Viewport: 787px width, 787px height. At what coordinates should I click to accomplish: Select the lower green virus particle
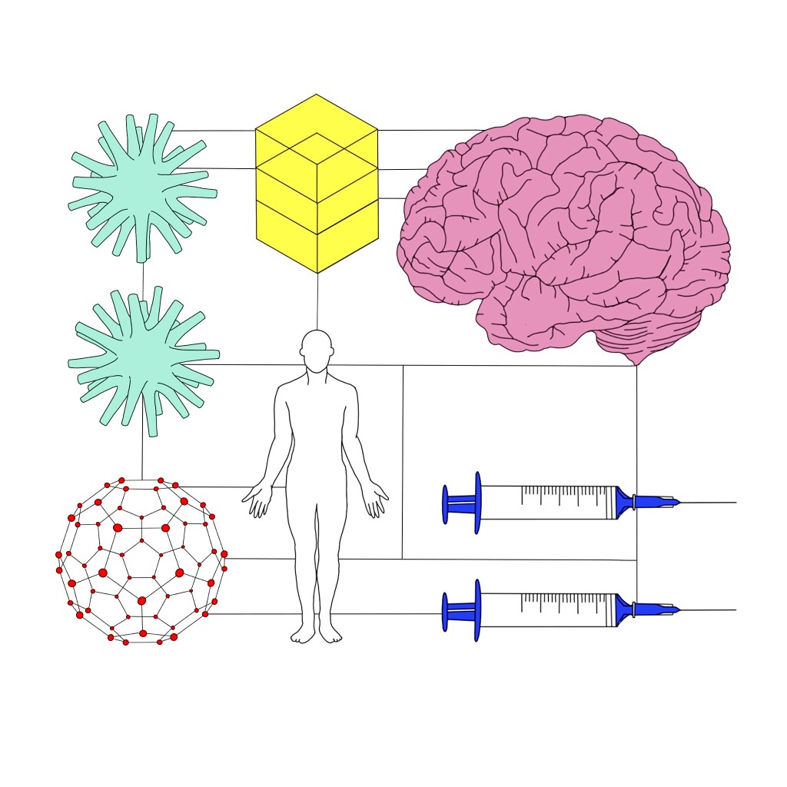pyautogui.click(x=142, y=360)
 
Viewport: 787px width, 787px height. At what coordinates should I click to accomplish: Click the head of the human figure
pyautogui.click(x=317, y=350)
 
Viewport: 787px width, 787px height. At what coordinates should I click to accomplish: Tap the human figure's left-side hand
pyautogui.click(x=257, y=500)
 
